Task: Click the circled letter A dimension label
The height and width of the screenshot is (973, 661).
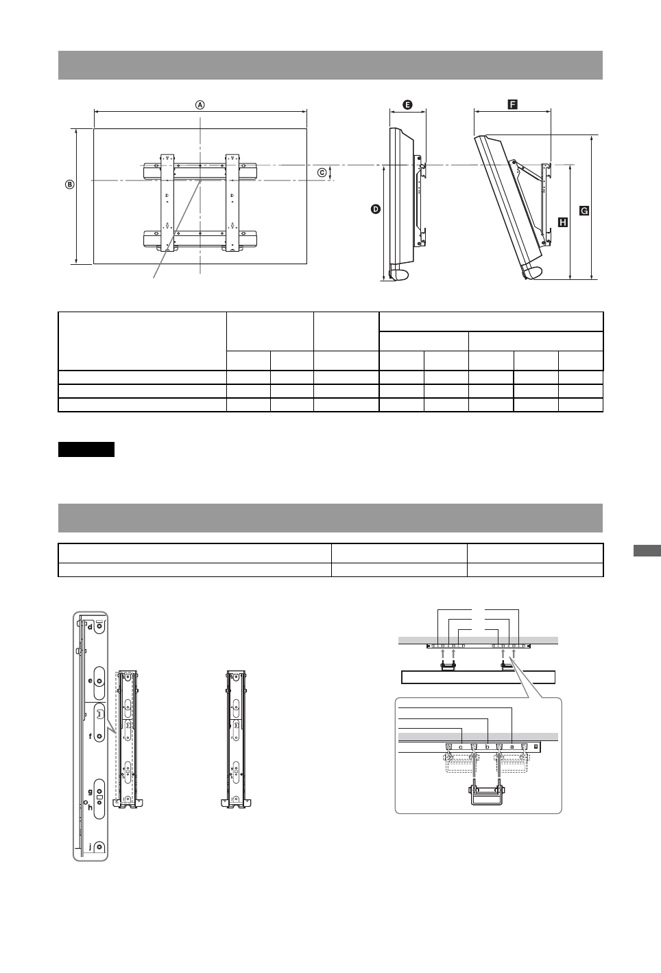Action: pyautogui.click(x=200, y=106)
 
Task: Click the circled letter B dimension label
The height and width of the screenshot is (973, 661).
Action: pyautogui.click(x=69, y=184)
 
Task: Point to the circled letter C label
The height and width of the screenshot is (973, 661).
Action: pyautogui.click(x=322, y=173)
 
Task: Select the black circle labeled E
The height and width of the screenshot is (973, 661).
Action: pyautogui.click(x=407, y=105)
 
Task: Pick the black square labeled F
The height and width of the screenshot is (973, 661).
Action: pyautogui.click(x=512, y=104)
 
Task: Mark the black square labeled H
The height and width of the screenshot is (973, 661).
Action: pyautogui.click(x=562, y=222)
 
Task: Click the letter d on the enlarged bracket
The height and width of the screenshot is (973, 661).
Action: pyautogui.click(x=89, y=626)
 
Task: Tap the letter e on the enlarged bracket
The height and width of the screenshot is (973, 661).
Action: pyautogui.click(x=90, y=680)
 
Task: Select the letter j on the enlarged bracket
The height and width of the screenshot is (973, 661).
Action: pyautogui.click(x=89, y=847)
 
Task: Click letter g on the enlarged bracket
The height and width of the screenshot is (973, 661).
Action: pyautogui.click(x=90, y=791)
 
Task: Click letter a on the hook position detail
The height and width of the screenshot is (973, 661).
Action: pyautogui.click(x=512, y=746)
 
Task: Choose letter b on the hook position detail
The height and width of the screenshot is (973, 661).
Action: pyautogui.click(x=487, y=746)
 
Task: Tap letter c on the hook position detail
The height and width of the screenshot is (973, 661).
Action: pyautogui.click(x=461, y=746)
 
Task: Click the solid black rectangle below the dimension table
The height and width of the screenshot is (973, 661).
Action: pyautogui.click(x=86, y=449)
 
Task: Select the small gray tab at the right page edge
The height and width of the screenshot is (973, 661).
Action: pyautogui.click(x=645, y=552)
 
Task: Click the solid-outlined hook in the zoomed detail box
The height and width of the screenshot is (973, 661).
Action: pyautogui.click(x=486, y=795)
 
